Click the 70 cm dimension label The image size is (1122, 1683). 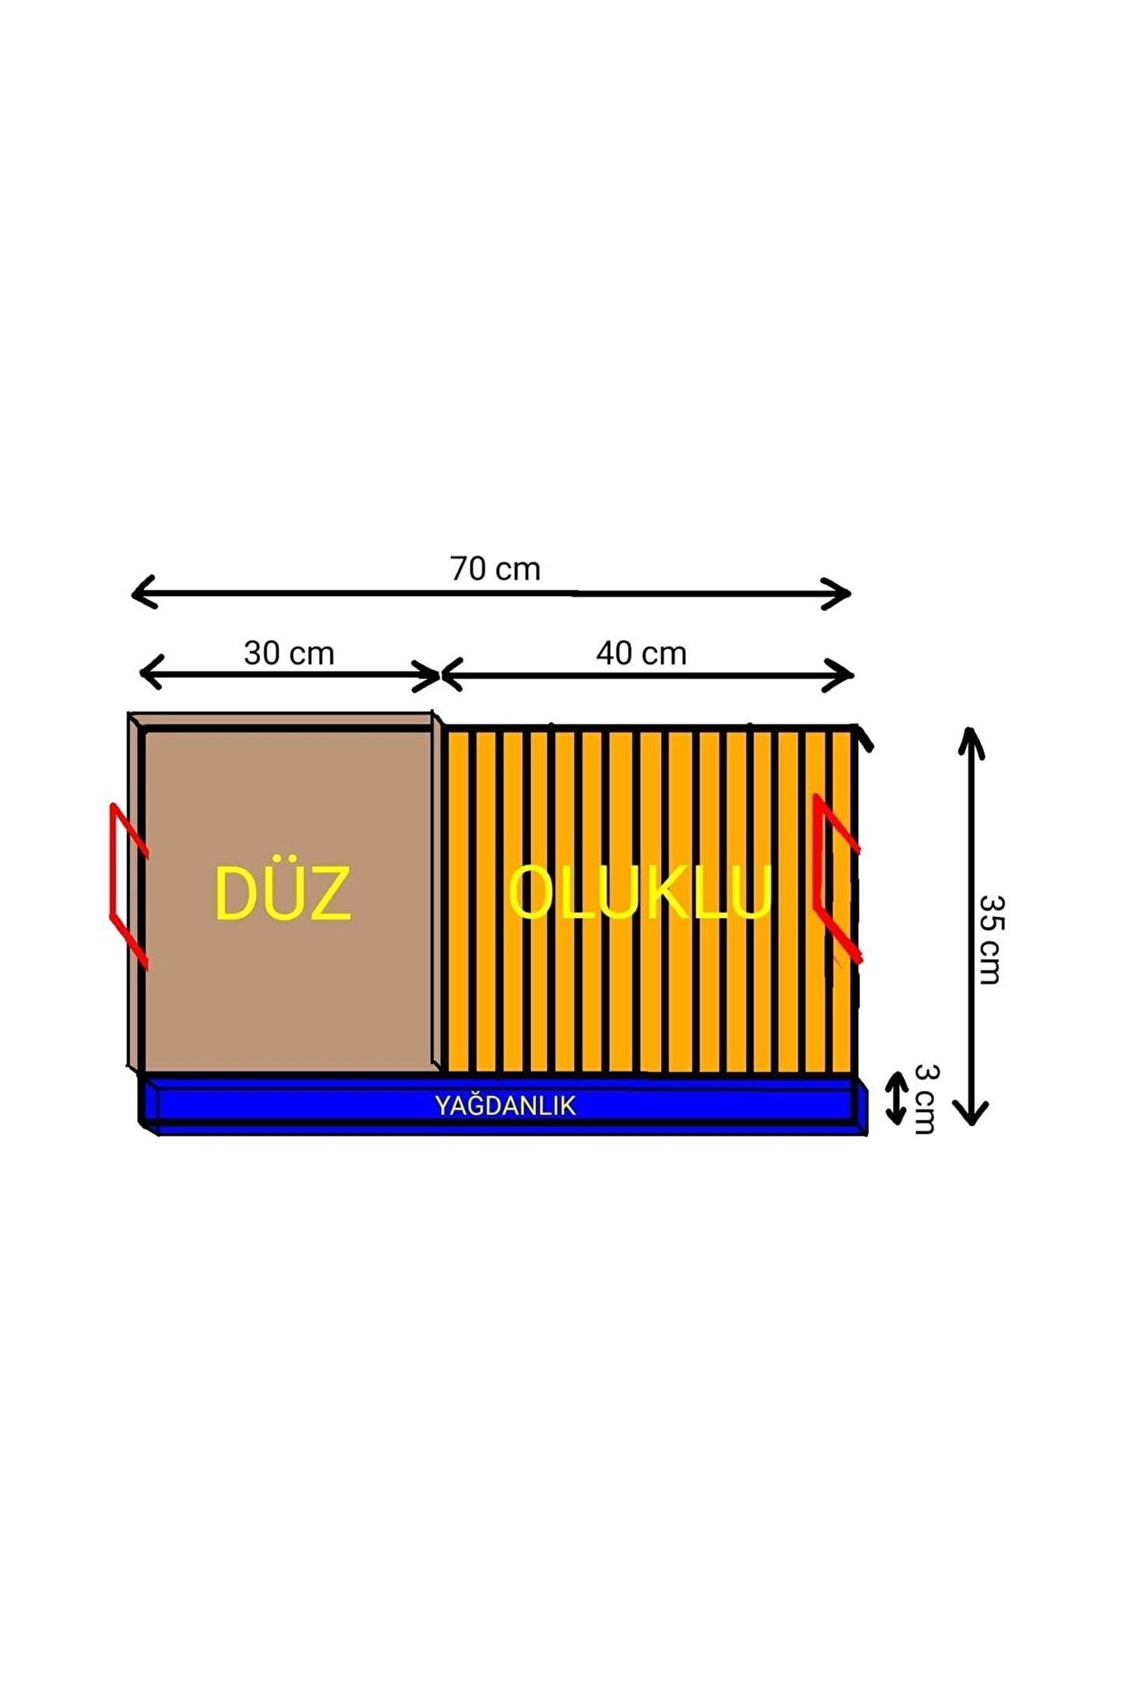(495, 570)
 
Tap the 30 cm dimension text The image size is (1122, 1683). (289, 654)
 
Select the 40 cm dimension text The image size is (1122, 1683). (641, 654)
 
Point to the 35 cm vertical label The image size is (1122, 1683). (991, 940)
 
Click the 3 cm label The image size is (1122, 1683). (926, 1099)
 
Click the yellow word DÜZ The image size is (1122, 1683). (282, 894)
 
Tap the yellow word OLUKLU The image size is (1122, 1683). (639, 893)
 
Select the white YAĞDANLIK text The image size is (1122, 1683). (505, 1106)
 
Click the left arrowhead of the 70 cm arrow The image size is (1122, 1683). (141, 592)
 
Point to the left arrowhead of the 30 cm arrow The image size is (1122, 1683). (149, 672)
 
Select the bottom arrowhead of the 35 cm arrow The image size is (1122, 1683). (971, 1115)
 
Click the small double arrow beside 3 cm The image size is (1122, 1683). (898, 1099)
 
